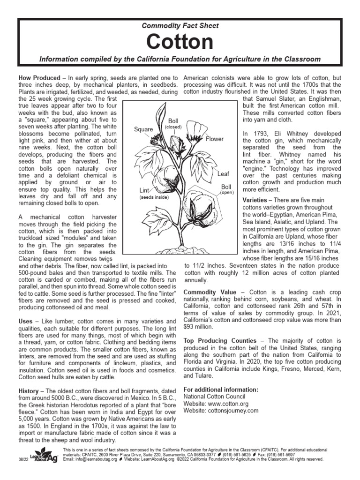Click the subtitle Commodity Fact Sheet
[180, 26]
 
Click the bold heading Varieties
[257, 200]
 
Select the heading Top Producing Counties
[220, 340]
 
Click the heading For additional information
[221, 390]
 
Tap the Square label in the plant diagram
[144, 129]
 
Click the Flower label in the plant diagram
[214, 139]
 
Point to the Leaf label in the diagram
[223, 174]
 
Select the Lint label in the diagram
[144, 190]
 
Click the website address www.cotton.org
[229, 404]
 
